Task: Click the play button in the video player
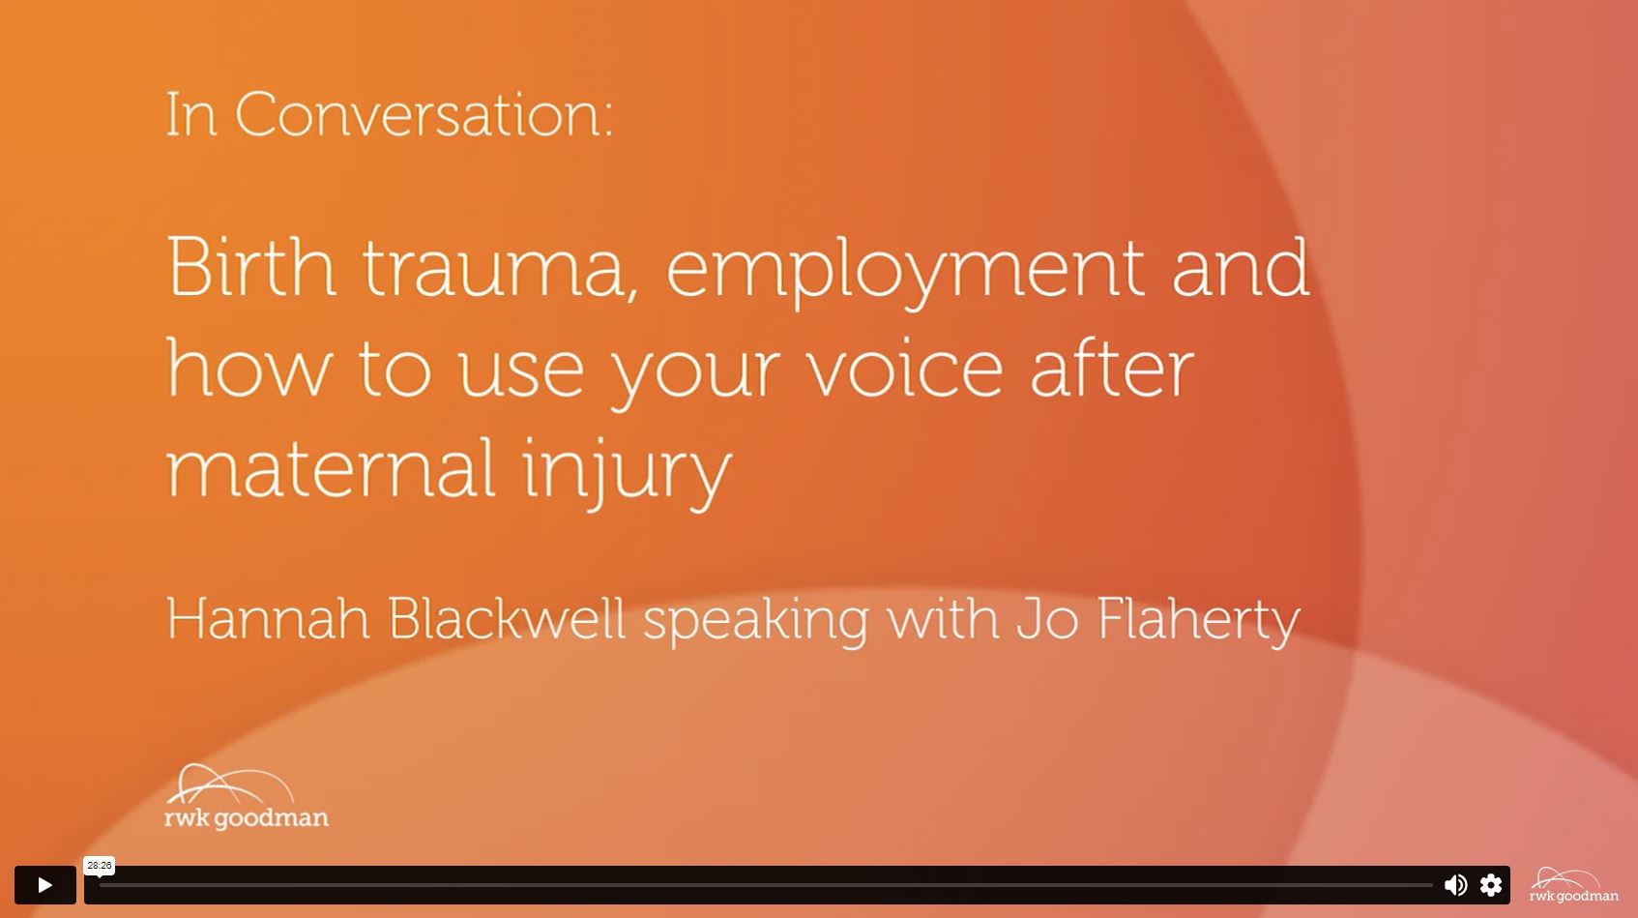(44, 885)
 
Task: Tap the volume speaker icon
(1455, 885)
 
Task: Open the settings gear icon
(1491, 885)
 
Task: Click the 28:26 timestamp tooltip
(99, 866)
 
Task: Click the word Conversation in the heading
(424, 114)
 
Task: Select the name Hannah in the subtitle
(268, 619)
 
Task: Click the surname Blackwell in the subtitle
(506, 619)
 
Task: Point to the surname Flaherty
(1197, 622)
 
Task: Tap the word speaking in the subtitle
(755, 622)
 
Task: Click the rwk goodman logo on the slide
(247, 797)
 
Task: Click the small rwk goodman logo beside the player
(1573, 885)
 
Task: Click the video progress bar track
(766, 885)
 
